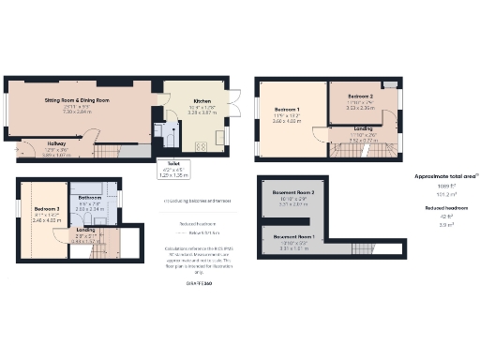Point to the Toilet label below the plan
(174, 168)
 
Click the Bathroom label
(90, 198)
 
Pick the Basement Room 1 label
(294, 236)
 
